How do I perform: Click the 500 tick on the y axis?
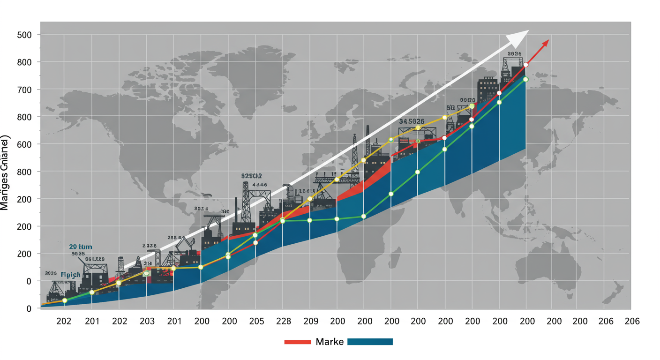click(x=24, y=35)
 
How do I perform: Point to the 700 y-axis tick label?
click(x=24, y=90)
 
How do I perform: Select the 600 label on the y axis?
click(x=24, y=144)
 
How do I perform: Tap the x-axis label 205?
click(x=256, y=321)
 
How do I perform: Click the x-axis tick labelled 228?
click(x=283, y=321)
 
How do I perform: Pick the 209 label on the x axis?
click(x=310, y=321)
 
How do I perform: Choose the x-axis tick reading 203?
click(x=147, y=321)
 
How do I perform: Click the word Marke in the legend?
click(x=330, y=342)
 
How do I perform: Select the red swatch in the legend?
click(x=298, y=342)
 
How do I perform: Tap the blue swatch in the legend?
click(x=370, y=342)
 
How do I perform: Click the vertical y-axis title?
click(x=5, y=173)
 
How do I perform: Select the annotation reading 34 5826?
click(x=412, y=121)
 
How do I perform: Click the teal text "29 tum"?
click(x=81, y=247)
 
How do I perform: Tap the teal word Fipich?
click(x=71, y=275)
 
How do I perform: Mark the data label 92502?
click(x=252, y=176)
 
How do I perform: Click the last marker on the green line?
click(x=525, y=79)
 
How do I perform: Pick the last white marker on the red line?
click(x=526, y=65)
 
